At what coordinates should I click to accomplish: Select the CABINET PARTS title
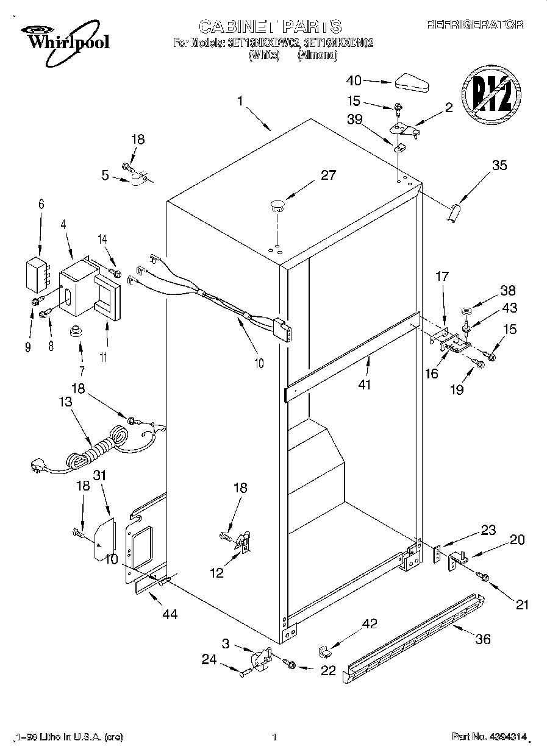click(270, 26)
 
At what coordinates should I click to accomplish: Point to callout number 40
click(354, 80)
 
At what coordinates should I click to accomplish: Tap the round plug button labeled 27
click(277, 205)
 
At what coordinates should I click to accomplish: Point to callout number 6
click(41, 205)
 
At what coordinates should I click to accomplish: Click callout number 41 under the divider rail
click(365, 385)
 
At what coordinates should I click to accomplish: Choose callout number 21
click(522, 604)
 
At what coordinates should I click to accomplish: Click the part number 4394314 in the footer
click(488, 737)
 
